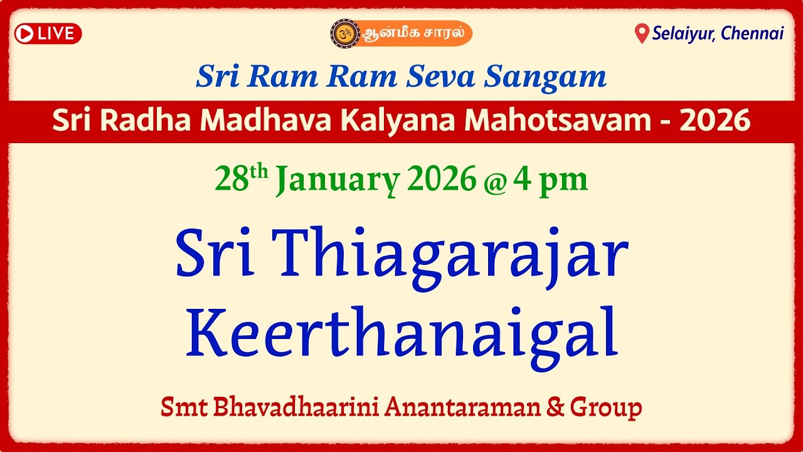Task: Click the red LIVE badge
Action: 48,33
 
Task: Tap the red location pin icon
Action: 641,34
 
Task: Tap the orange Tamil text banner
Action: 415,33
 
